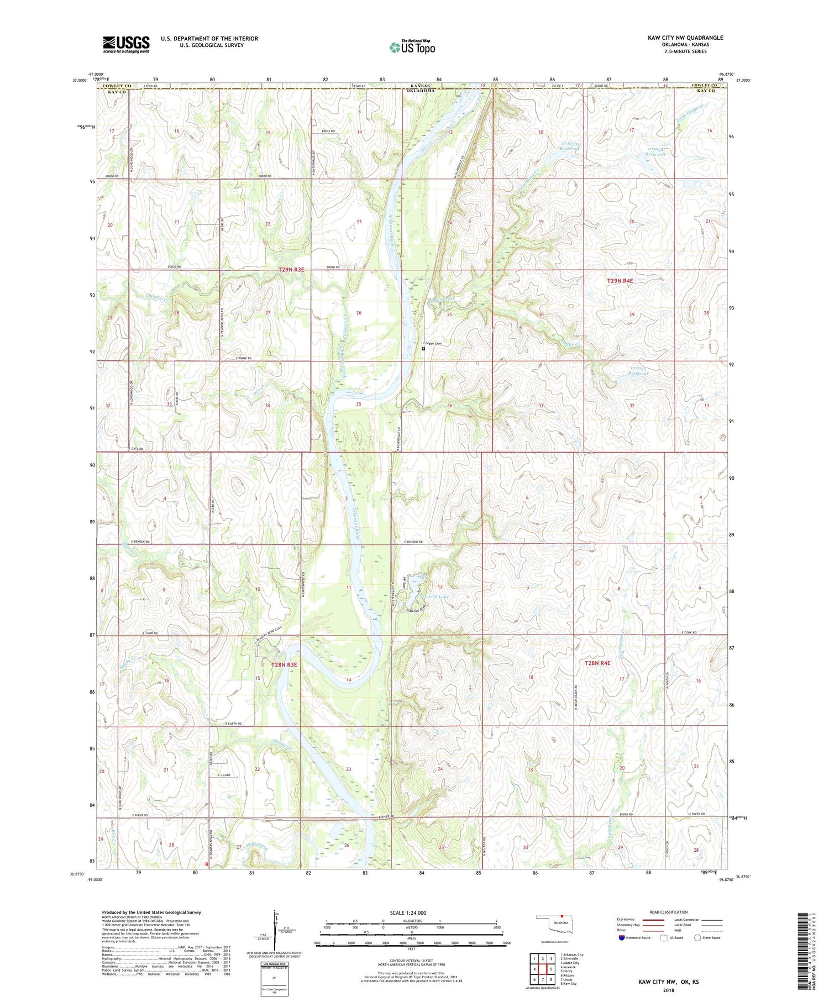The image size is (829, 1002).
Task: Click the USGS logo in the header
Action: tap(126, 44)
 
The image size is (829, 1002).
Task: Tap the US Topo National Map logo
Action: tap(412, 47)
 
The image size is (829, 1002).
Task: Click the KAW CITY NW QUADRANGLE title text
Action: tap(685, 38)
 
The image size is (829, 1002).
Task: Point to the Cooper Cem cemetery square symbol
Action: tap(424, 349)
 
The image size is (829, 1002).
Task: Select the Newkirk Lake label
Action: tap(434, 597)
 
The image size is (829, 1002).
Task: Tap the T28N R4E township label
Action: tap(597, 662)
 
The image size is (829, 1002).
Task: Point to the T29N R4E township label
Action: tap(620, 281)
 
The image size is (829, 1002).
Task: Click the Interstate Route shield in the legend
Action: tap(622, 937)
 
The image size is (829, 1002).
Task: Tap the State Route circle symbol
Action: tap(697, 937)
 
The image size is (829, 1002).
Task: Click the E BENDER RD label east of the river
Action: tap(413, 542)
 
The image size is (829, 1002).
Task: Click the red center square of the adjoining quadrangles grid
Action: tap(543, 969)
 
